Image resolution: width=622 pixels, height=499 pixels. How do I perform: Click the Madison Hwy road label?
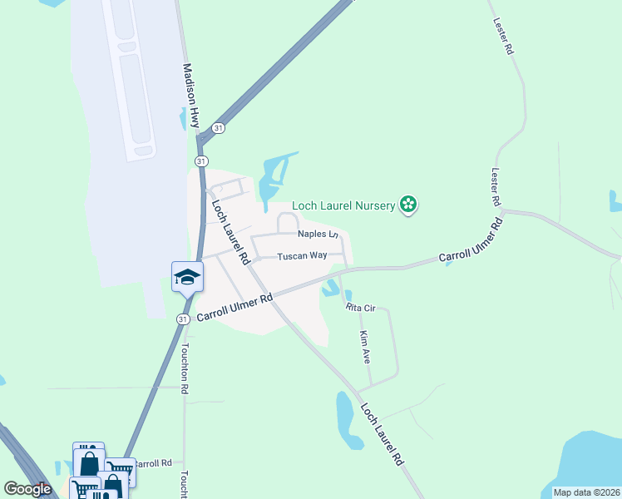(x=192, y=96)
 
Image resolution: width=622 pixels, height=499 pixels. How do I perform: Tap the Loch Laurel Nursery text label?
(x=342, y=205)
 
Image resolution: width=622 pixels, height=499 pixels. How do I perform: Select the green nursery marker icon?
(x=407, y=204)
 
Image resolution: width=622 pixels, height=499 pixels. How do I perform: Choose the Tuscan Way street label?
(x=302, y=255)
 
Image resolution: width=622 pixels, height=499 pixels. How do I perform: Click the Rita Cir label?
(x=362, y=308)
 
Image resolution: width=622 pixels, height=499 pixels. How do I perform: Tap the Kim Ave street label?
(x=364, y=347)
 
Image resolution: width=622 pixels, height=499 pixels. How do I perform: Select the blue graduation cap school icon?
(x=188, y=277)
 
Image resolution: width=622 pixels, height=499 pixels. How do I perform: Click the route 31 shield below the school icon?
(x=183, y=319)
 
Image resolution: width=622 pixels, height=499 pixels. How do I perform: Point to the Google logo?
(x=27, y=489)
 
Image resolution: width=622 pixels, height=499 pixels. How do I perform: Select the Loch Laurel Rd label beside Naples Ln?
(x=230, y=232)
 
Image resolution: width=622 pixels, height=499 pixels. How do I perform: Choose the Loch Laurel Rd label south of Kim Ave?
(x=385, y=434)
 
